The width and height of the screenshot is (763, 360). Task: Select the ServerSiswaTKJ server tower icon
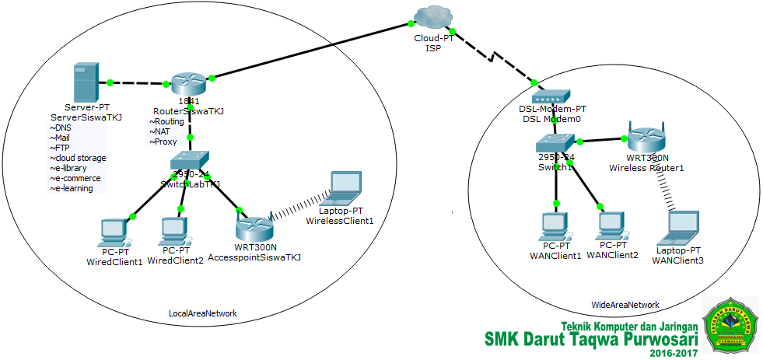84,82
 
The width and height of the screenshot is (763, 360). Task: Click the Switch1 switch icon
555,142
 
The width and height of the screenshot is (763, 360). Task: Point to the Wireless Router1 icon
645,137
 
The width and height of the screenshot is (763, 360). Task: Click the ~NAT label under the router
163,131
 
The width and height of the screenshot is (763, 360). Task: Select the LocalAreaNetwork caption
202,313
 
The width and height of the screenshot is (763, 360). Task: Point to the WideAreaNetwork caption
625,305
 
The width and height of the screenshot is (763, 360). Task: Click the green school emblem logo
730,324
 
